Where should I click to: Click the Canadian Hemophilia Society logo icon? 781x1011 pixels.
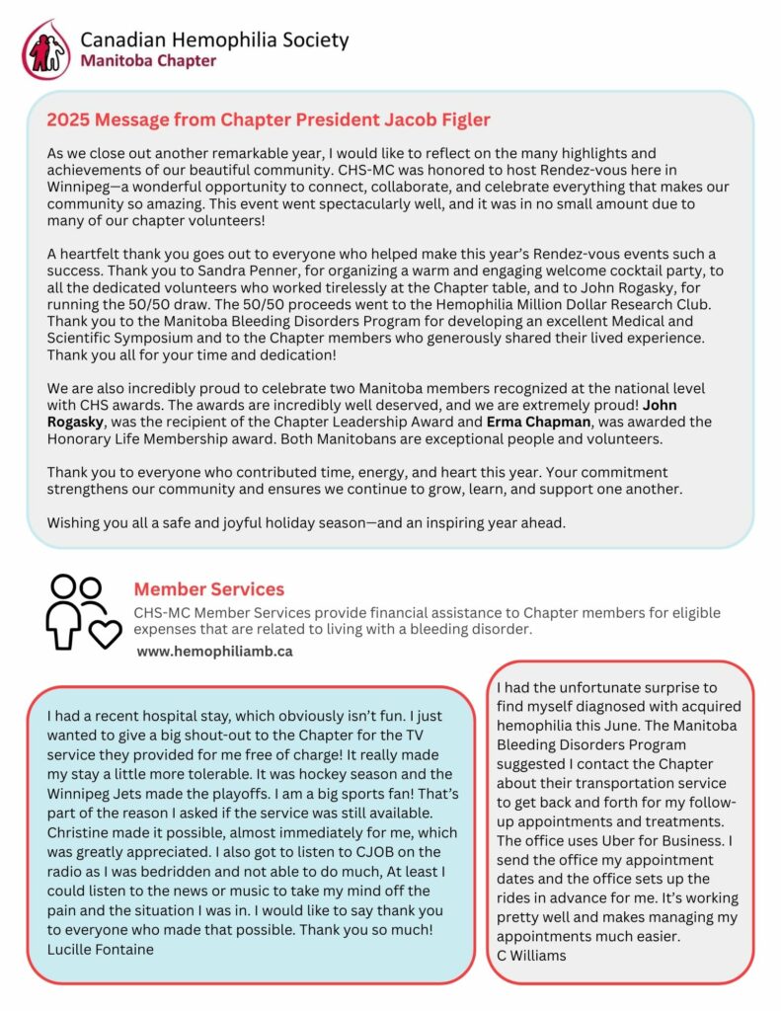pos(47,50)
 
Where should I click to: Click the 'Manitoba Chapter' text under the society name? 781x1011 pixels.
pos(148,61)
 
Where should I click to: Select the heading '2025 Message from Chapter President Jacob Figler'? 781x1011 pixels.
pos(269,120)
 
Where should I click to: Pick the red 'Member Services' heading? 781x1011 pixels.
pos(208,589)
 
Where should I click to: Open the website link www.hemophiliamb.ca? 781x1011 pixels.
pos(214,652)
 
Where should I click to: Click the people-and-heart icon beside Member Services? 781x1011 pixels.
pos(83,612)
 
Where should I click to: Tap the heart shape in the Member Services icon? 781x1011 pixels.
pos(106,633)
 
